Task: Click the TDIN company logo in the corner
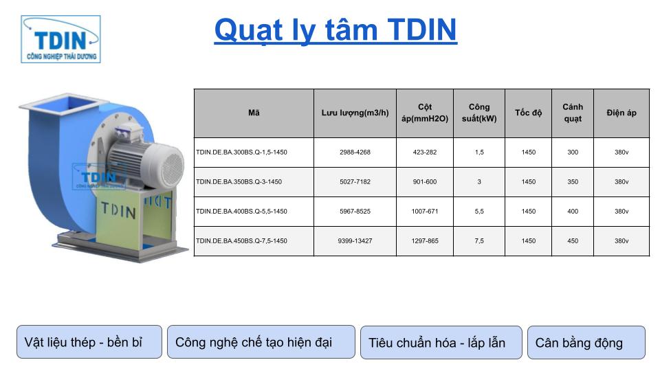pos(60,39)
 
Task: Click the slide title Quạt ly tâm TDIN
pos(335,30)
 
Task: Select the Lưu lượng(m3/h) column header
pos(355,113)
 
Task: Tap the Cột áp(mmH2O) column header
pos(425,113)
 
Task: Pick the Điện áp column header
pos(621,113)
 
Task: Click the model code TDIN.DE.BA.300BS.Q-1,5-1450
pos(241,153)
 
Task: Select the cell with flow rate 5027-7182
pos(355,181)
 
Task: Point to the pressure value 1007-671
pos(425,211)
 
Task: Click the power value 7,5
pos(479,241)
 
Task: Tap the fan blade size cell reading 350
pos(573,181)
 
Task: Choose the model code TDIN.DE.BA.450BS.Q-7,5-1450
pos(241,241)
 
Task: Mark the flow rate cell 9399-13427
pos(355,241)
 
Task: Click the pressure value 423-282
pos(425,153)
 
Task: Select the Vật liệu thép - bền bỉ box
pos(89,341)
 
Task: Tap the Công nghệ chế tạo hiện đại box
pos(261,341)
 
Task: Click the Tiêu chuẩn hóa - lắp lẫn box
pos(441,342)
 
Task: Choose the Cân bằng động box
pos(586,342)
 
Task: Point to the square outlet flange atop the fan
pos(64,104)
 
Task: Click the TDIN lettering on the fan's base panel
pos(118,210)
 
